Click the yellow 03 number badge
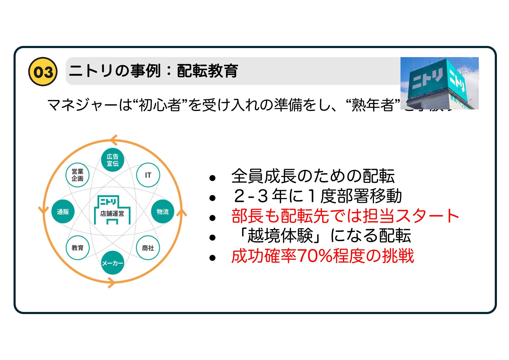pos(43,72)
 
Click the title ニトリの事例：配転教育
pos(154,71)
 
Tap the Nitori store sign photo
pos(439,83)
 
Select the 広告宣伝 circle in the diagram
pos(112,160)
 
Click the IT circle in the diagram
pos(148,175)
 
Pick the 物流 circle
pos(163,212)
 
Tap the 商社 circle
pos(148,248)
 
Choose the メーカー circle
pos(112,263)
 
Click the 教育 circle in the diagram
pos(77,248)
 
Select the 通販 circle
pos(63,212)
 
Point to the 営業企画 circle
pos(77,175)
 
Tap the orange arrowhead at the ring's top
pos(114,140)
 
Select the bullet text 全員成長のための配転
pos(313,176)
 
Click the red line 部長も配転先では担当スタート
pos(345,216)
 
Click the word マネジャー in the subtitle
pos(82,105)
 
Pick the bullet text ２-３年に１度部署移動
pos(317,196)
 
